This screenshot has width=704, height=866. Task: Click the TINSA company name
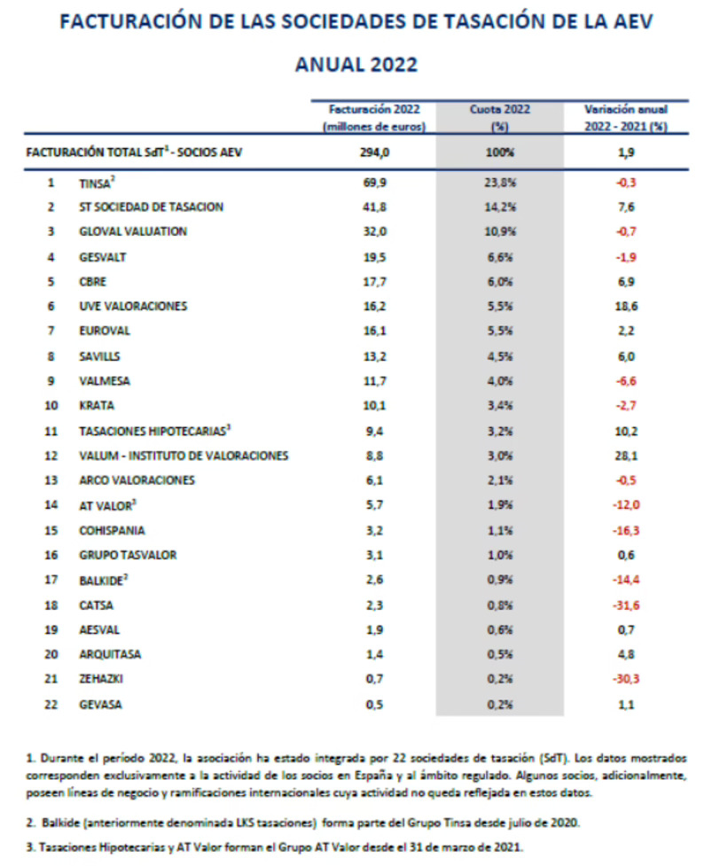tap(95, 183)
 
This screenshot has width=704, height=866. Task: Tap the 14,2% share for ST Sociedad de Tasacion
tap(500, 207)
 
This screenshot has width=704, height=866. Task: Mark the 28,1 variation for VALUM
tap(625, 456)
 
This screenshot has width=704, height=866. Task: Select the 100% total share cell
tap(500, 152)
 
